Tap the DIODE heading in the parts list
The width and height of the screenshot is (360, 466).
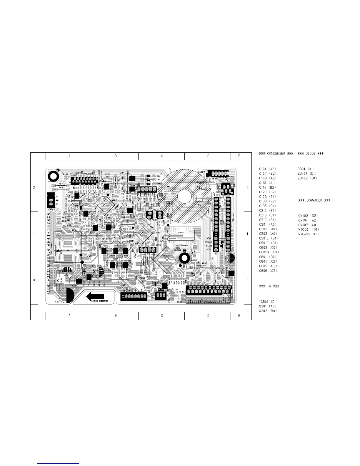(x=311, y=154)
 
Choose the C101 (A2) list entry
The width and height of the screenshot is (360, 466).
(x=267, y=169)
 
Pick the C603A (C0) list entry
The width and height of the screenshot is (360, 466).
(x=269, y=252)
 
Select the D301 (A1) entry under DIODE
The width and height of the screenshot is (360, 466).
(x=306, y=169)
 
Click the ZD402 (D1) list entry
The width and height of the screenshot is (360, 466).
(x=307, y=178)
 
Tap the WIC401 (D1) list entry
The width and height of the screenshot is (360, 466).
(x=309, y=229)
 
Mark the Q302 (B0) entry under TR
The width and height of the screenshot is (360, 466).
(x=268, y=311)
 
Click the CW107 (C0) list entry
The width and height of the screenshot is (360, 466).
(x=308, y=225)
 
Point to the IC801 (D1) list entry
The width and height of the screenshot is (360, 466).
(x=268, y=302)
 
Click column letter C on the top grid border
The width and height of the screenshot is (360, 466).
(x=162, y=156)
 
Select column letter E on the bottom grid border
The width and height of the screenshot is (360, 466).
(x=239, y=316)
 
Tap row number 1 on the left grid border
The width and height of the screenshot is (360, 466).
(x=34, y=234)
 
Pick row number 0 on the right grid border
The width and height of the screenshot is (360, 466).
(x=248, y=280)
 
